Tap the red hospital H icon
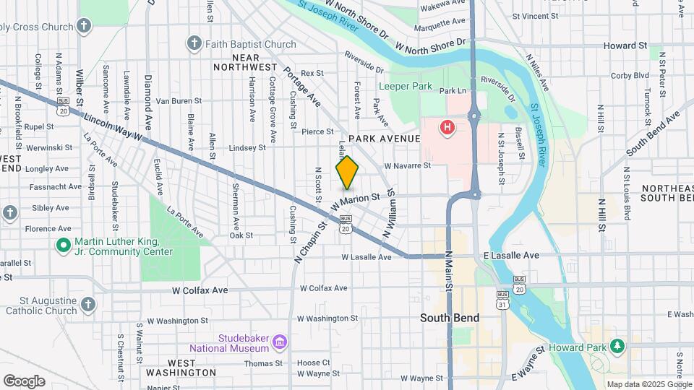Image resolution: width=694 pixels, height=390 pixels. coord(447,128)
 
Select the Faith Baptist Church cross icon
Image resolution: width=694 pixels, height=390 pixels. coord(193,44)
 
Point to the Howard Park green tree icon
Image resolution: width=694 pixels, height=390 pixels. coord(617,347)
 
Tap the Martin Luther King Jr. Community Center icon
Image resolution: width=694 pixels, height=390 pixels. coord(63,246)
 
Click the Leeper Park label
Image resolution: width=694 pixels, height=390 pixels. coord(406,87)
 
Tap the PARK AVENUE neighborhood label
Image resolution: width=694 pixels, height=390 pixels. coord(384,138)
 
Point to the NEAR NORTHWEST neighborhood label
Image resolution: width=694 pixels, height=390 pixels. coord(245,61)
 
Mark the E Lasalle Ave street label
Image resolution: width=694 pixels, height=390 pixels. coord(511,256)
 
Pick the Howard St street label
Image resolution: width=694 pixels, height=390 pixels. coord(625,45)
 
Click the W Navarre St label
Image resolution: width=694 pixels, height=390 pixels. coord(407,165)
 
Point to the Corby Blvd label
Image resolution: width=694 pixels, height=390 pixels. coord(630,75)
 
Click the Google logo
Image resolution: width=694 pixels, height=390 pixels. coord(24,381)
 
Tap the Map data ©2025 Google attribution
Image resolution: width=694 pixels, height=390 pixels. coord(648,384)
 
